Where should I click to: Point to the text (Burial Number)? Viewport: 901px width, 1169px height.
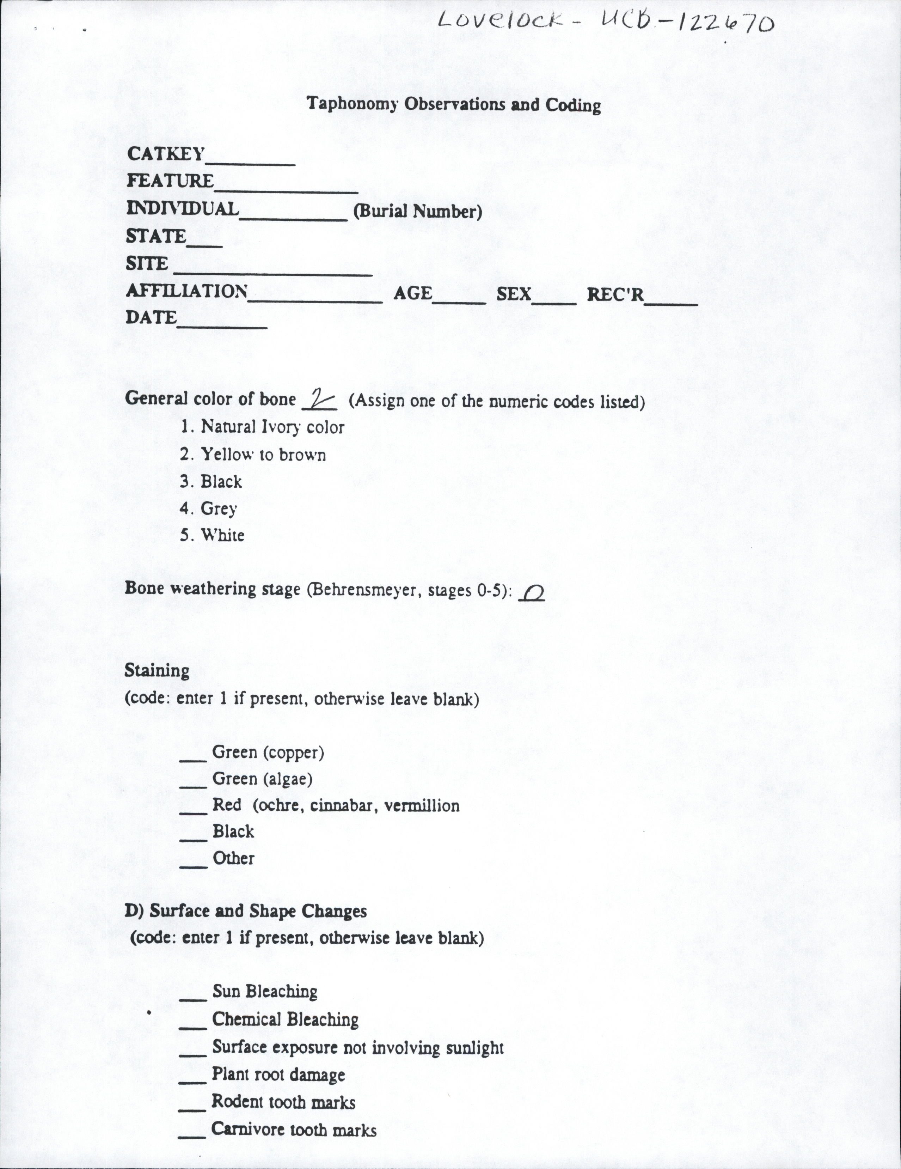(x=417, y=212)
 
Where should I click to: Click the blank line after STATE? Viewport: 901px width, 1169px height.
(x=204, y=244)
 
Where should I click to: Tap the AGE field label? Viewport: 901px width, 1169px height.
(x=412, y=293)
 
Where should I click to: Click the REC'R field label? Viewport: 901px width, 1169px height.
(x=615, y=294)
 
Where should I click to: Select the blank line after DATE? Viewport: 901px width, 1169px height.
(x=222, y=325)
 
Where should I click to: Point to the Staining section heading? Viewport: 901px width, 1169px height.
(x=157, y=671)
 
